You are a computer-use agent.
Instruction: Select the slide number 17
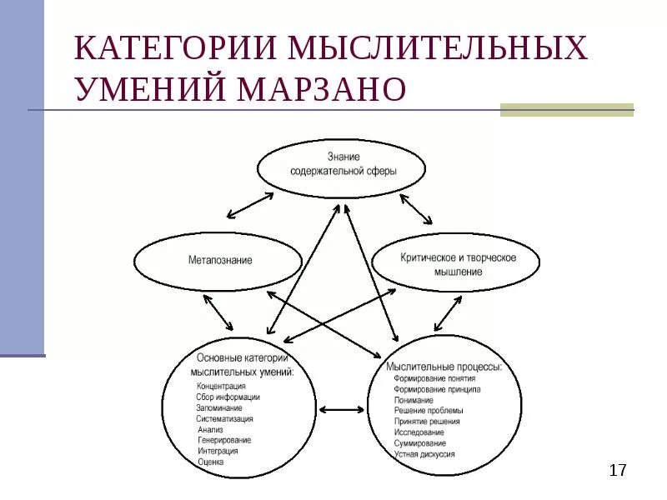(x=617, y=471)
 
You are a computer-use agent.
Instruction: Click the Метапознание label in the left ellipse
(x=219, y=260)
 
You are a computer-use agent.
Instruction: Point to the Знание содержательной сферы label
(x=343, y=164)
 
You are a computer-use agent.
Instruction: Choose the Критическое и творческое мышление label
(x=457, y=264)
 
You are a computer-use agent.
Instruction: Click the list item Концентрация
(x=221, y=387)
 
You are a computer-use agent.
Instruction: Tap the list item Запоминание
(x=219, y=408)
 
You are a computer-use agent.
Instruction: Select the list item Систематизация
(x=224, y=419)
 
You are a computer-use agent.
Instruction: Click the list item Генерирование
(x=224, y=440)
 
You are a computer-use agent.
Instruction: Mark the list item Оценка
(x=211, y=461)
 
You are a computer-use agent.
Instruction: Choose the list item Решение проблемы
(x=429, y=411)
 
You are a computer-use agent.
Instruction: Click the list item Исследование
(x=419, y=432)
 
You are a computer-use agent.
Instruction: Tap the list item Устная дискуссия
(x=424, y=454)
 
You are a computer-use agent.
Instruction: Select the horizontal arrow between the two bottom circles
(x=342, y=409)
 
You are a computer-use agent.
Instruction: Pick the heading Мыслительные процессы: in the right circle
(x=444, y=366)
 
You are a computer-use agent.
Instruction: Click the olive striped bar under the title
(x=566, y=109)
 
